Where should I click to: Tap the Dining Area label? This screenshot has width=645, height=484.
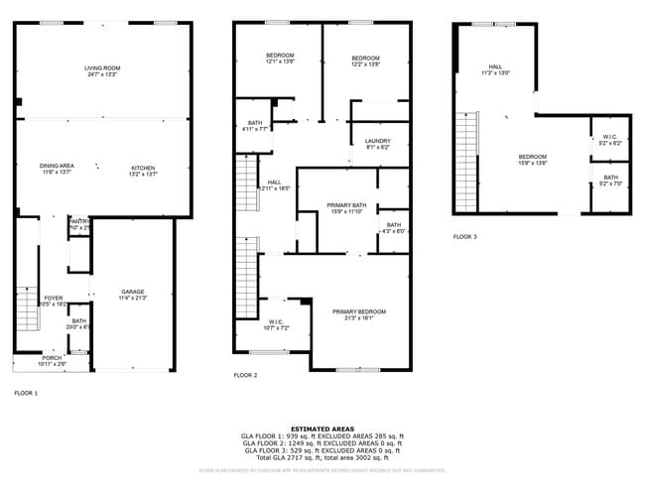pos(57,166)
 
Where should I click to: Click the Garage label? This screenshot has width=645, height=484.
pos(133,292)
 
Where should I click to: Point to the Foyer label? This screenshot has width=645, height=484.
pos(53,298)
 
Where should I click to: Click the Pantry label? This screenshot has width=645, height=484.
pos(79,221)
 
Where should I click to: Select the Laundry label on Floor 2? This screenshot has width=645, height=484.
pos(378,141)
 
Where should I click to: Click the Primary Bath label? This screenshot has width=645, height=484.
pos(347,205)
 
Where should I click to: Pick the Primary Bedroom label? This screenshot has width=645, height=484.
pos(359,311)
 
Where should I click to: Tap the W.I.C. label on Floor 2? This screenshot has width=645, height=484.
pos(276,320)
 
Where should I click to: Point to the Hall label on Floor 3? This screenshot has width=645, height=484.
pos(494,67)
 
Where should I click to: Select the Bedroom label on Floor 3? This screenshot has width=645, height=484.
pos(532,157)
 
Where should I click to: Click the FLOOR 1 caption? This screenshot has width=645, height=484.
pos(26,393)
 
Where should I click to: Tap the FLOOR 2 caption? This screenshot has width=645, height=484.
pos(245,376)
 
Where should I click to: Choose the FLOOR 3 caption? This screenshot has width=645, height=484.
pos(465,237)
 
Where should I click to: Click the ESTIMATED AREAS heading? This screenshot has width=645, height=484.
pos(322,428)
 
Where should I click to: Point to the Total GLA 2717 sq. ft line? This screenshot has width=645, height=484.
pos(322,456)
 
